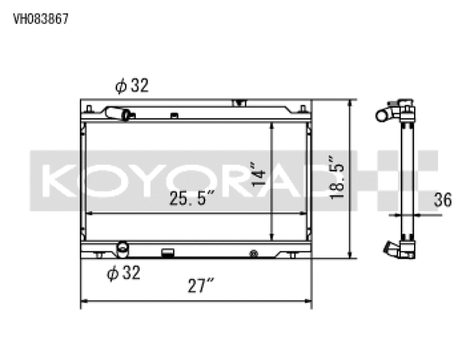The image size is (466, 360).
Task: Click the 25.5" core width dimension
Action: coord(192,199)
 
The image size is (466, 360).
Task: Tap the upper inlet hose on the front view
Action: coord(121,114)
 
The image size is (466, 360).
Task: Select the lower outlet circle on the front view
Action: coord(122,248)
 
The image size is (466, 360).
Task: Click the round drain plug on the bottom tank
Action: coord(254,253)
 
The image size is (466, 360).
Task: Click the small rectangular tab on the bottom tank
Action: coord(166,251)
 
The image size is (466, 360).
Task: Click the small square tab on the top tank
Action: coord(175,116)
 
